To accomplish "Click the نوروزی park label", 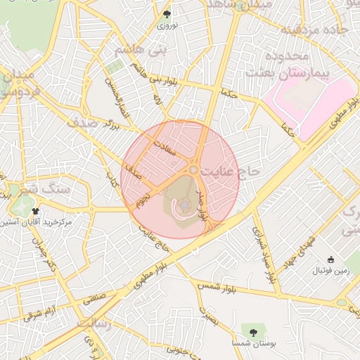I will pyautogui.click(x=166, y=25).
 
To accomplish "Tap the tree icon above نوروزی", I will pyautogui.click(x=167, y=14).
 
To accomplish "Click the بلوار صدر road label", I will pyautogui.click(x=205, y=205).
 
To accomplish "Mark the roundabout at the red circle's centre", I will pyautogui.click(x=193, y=169).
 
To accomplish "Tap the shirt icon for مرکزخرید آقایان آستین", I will pyautogui.click(x=34, y=211).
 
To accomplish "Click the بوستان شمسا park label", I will pyautogui.click(x=253, y=343).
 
